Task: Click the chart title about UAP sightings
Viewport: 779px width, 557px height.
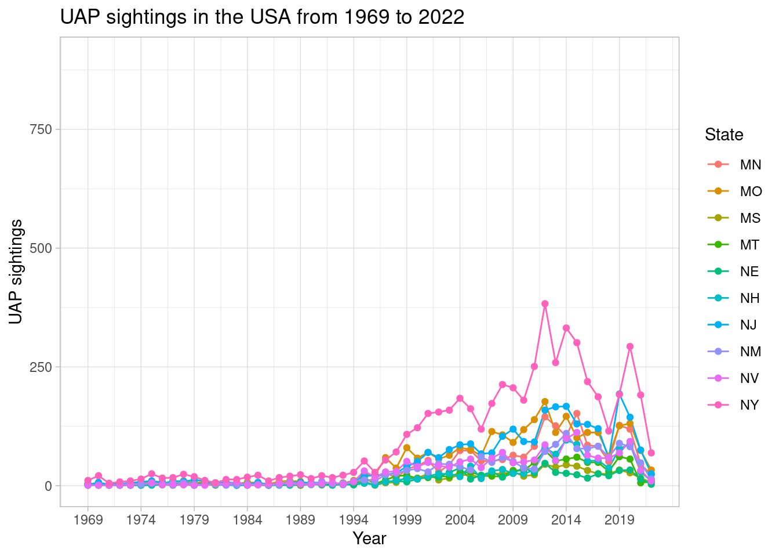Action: (262, 17)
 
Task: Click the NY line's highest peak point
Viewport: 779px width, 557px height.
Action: (545, 303)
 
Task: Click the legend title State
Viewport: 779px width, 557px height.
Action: (724, 135)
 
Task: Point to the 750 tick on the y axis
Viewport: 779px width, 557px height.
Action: (41, 129)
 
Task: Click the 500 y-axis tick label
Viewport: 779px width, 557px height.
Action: (41, 248)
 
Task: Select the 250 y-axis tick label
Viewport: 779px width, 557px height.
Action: (41, 367)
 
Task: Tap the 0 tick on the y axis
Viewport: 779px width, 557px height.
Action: (49, 486)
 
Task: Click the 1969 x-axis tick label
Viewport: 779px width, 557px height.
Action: (88, 519)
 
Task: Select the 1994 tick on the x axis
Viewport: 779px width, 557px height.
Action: (354, 519)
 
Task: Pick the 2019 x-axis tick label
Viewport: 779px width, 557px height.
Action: (619, 519)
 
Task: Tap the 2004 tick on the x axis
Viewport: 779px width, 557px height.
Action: (460, 519)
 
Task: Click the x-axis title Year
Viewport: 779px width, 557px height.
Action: (369, 538)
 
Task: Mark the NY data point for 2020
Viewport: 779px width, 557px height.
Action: (630, 346)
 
